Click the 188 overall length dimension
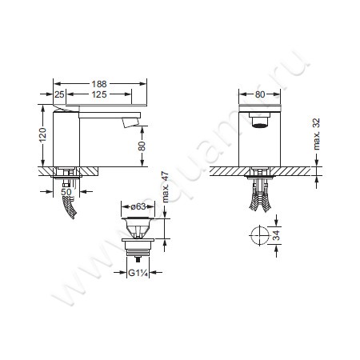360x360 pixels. (x=99, y=84)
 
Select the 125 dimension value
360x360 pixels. (x=99, y=94)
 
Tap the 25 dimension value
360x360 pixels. (x=59, y=94)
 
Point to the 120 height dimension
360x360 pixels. (x=42, y=135)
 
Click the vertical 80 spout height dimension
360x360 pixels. (x=142, y=146)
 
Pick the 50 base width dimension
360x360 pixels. (x=66, y=192)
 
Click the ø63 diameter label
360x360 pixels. (x=138, y=206)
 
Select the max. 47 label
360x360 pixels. (x=166, y=187)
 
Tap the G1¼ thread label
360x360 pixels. (x=138, y=273)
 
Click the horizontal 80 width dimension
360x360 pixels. (x=260, y=94)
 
